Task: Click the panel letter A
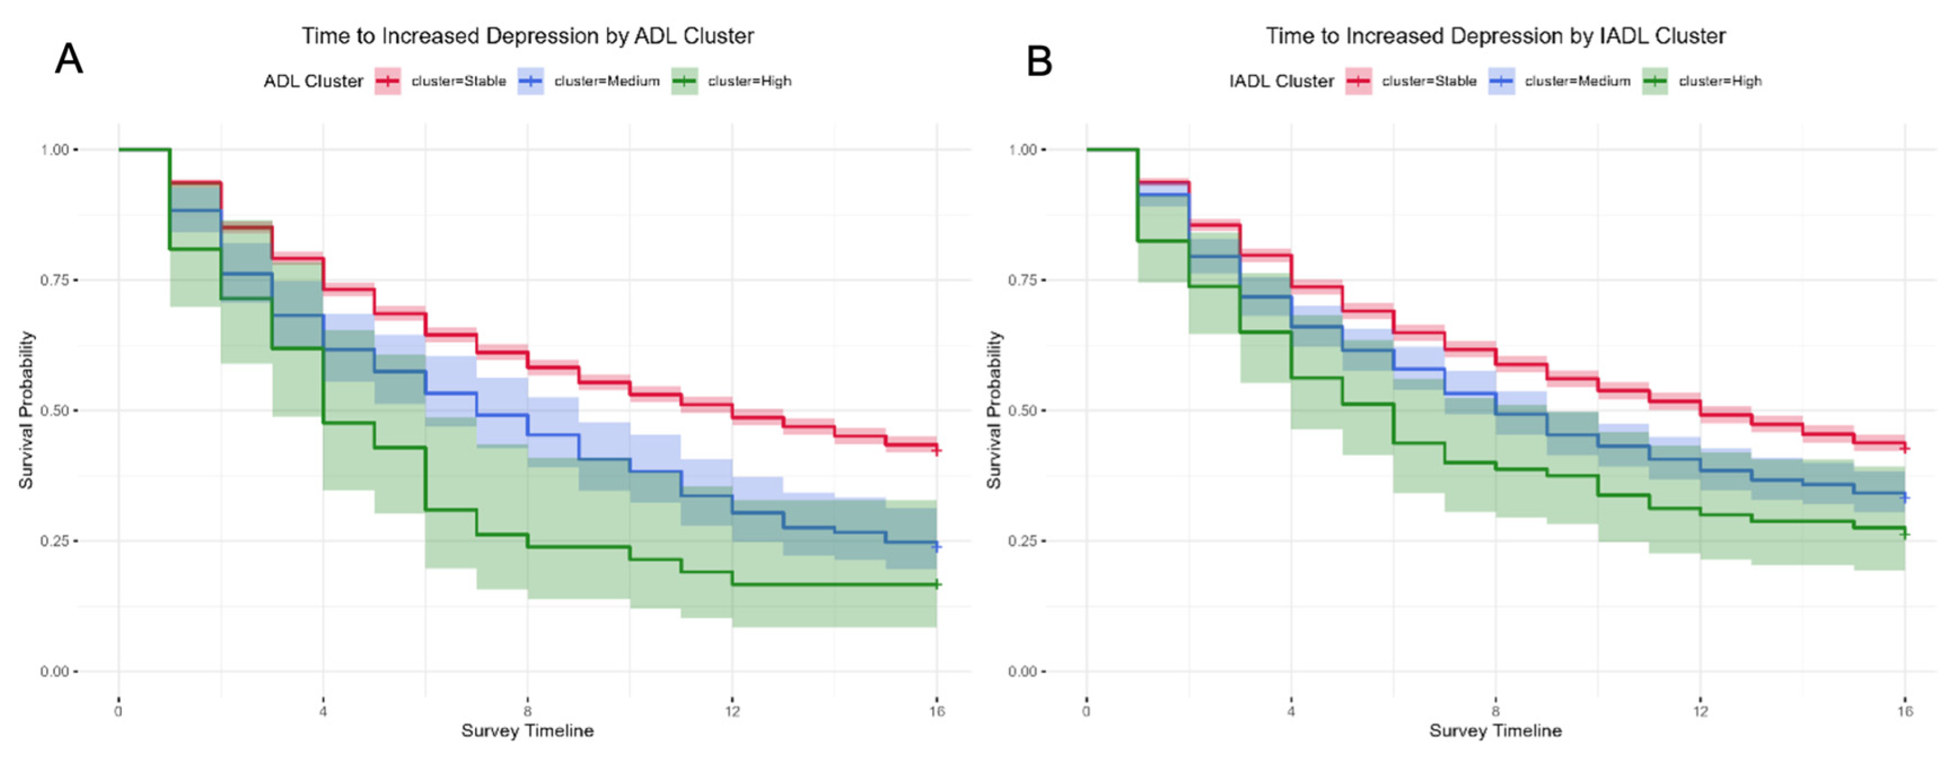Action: click(x=69, y=58)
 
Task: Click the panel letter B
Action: click(x=1039, y=60)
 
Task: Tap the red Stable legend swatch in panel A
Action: click(x=387, y=81)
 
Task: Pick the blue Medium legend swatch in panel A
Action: click(x=531, y=81)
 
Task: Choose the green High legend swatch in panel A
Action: click(x=684, y=81)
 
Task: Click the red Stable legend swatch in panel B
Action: click(x=1359, y=81)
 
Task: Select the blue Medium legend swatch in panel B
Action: click(x=1501, y=81)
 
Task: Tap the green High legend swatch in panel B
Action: click(x=1655, y=81)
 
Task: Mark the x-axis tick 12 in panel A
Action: click(x=732, y=711)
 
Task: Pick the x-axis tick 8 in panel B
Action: click(x=1495, y=711)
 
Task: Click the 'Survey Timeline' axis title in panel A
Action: click(x=528, y=731)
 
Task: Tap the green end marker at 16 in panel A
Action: click(x=936, y=584)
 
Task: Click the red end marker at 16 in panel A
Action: click(x=936, y=450)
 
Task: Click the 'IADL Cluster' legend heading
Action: click(x=1281, y=81)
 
